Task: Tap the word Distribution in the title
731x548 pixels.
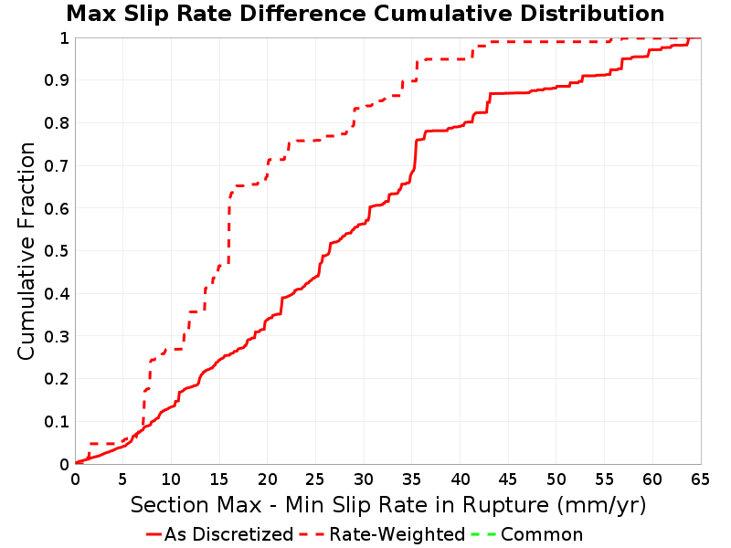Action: (x=592, y=14)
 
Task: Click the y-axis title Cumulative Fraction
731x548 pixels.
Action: (x=26, y=251)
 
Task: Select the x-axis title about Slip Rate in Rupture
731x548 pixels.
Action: (x=388, y=505)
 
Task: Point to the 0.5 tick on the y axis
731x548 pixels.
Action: (x=57, y=251)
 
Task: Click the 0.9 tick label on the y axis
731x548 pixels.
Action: (x=57, y=80)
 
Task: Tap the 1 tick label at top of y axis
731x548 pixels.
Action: (x=64, y=37)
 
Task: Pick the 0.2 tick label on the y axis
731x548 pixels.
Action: (x=57, y=379)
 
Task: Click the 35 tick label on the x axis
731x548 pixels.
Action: (x=411, y=479)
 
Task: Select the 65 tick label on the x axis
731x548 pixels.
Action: (x=700, y=479)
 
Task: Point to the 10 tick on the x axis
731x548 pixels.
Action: (x=171, y=479)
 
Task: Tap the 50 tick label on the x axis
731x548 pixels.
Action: (x=556, y=479)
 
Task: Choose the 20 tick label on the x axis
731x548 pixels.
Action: (x=267, y=479)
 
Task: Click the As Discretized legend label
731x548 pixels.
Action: (x=229, y=534)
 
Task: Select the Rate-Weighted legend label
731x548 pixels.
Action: (x=397, y=534)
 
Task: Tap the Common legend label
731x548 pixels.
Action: (x=542, y=534)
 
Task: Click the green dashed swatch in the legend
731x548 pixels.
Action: (x=483, y=534)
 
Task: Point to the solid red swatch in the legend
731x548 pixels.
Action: (x=154, y=534)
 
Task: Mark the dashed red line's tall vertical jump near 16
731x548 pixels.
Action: (x=229, y=228)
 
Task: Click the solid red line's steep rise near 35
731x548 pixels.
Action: (x=415, y=153)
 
